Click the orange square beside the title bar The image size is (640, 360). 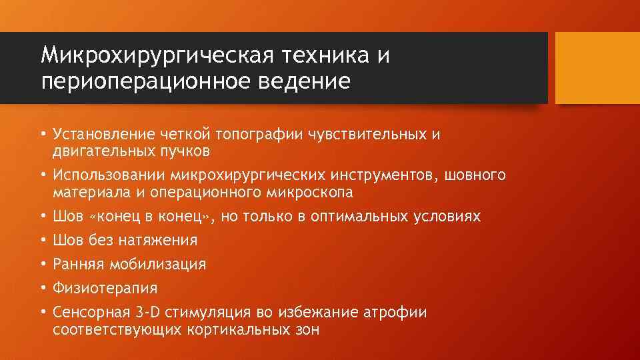click(597, 68)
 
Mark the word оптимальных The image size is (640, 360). click(354, 217)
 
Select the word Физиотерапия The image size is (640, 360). click(105, 288)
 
